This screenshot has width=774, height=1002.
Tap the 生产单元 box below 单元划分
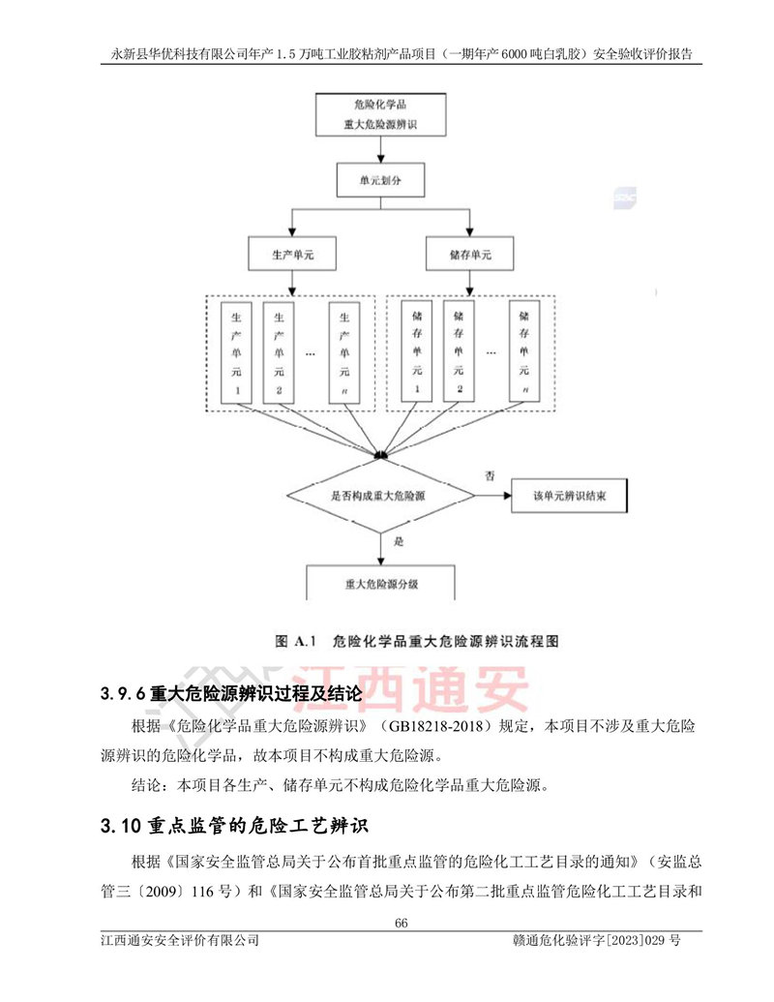289,254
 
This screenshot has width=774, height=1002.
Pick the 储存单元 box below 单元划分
470,254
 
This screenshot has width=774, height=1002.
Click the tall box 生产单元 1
237,352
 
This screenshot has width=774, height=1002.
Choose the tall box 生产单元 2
279,352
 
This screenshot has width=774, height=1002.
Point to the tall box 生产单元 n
344,352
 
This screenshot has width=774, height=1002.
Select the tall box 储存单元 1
417,352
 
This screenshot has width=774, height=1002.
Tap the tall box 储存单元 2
460,352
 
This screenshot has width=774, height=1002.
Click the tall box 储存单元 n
524,352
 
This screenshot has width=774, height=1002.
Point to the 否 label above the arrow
490,476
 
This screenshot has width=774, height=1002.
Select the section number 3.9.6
123,694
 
